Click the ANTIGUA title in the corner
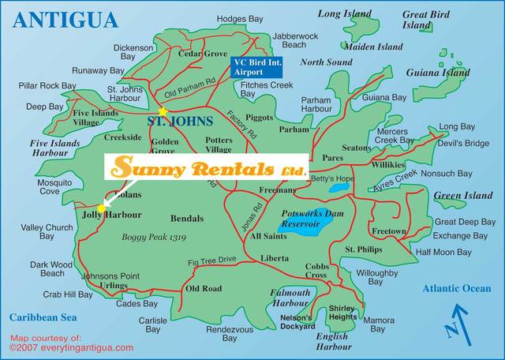tap(65, 19)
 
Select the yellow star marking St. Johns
tap(163, 111)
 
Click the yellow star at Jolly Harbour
tap(101, 208)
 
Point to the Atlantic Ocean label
tap(455, 289)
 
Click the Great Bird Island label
tap(426, 19)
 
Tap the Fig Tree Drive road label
tap(211, 260)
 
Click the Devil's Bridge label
tap(464, 143)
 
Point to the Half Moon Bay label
tap(443, 252)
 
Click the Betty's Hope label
tap(333, 178)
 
